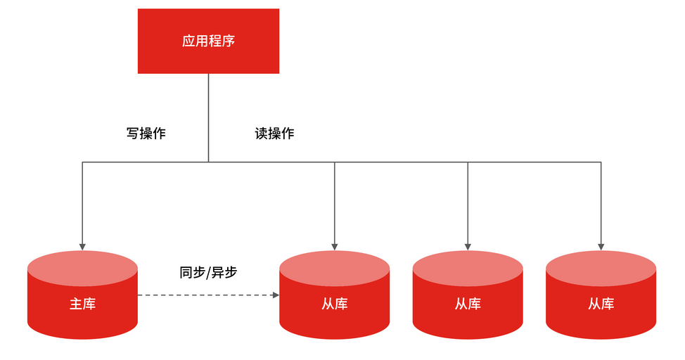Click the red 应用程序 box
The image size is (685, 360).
[x=208, y=41]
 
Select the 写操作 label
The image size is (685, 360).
[x=146, y=133]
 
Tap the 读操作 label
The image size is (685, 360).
[x=274, y=133]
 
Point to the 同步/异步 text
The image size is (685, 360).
[x=209, y=272]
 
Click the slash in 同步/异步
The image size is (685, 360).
[x=209, y=272]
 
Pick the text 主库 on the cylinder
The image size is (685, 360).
[x=82, y=304]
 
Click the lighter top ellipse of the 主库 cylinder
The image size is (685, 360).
[x=82, y=268]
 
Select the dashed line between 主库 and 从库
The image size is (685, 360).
[x=204, y=295]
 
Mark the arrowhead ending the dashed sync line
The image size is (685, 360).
[x=276, y=295]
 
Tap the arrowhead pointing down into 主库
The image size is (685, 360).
[x=82, y=246]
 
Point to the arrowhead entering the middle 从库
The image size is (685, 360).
[x=468, y=246]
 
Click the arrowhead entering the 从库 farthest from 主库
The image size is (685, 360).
[x=601, y=246]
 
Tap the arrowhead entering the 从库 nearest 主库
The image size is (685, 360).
[x=335, y=246]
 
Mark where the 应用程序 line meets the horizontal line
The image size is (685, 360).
[x=208, y=162]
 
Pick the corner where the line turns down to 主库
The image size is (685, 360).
[x=82, y=162]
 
